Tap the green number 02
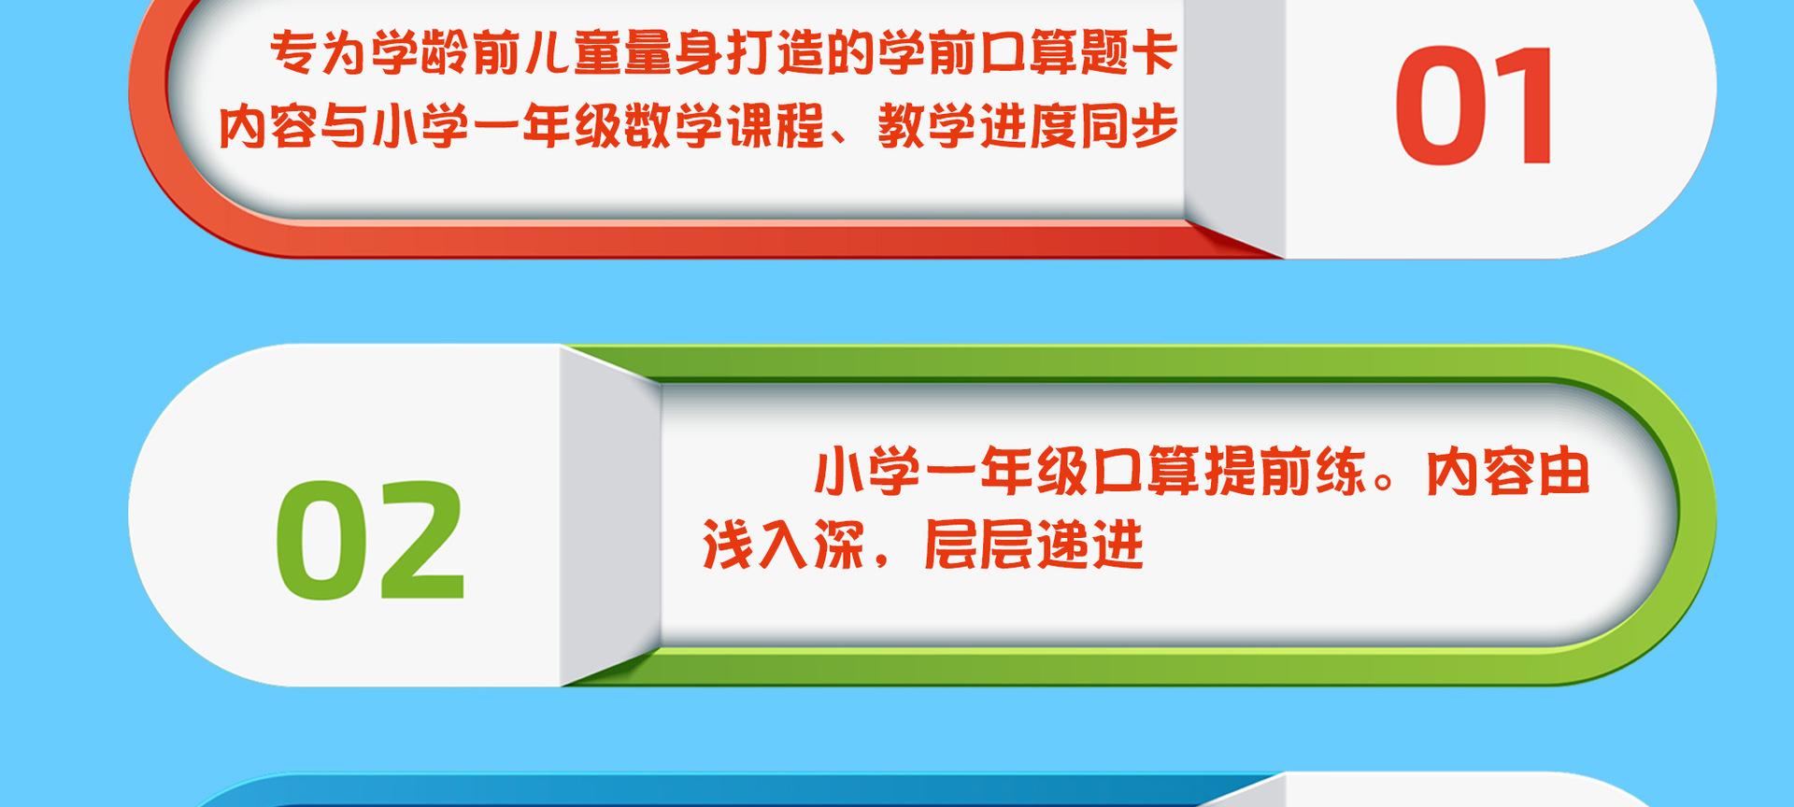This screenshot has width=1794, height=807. click(x=370, y=540)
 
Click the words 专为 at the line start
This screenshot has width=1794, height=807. click(x=318, y=53)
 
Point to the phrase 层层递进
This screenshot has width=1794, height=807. click(x=1033, y=545)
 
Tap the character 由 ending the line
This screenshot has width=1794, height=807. click(x=1562, y=473)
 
